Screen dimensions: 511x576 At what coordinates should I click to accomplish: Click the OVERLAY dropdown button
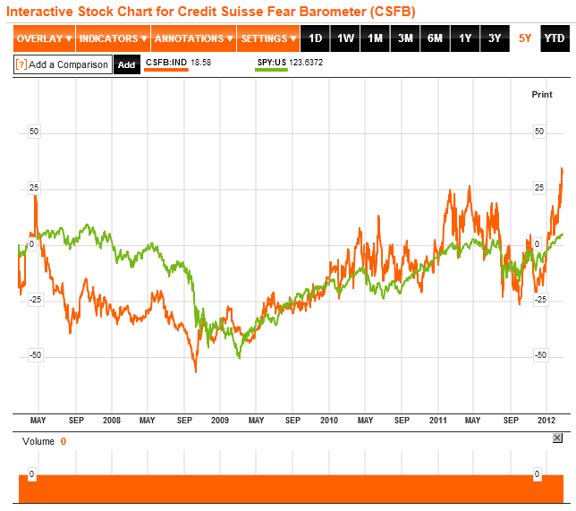pos(44,38)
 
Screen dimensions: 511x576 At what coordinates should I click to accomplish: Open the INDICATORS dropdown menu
pos(113,38)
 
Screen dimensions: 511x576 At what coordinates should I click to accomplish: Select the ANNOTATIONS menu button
pos(193,38)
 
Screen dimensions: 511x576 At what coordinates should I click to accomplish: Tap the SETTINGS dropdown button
pos(269,38)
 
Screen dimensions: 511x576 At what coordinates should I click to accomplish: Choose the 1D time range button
pos(315,38)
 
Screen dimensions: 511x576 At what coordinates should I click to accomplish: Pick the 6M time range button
pos(435,38)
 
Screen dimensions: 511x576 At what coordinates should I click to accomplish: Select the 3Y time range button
pos(495,38)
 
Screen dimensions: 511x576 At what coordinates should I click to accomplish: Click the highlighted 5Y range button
pos(525,38)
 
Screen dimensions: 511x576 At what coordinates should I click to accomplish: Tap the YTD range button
pos(555,38)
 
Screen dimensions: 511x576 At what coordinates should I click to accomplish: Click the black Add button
pos(127,64)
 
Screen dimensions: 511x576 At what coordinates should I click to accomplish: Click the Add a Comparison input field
pos(63,64)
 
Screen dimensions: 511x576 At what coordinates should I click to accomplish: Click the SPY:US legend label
pos(271,61)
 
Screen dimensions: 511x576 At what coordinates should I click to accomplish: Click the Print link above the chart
pos(542,94)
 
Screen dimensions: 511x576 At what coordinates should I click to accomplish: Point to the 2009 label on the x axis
pos(220,420)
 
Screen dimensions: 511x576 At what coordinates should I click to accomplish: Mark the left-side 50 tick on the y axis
pos(35,132)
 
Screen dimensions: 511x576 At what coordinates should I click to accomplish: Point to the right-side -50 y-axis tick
pos(539,355)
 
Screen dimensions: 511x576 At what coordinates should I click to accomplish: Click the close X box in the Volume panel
pos(557,438)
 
